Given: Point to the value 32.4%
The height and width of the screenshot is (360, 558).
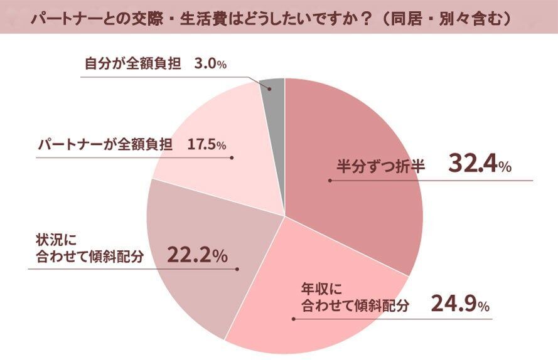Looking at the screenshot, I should point(480,165).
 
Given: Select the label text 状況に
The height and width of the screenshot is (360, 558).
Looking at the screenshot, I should point(51,240).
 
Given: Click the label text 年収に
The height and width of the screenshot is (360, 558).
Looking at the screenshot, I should point(319,290).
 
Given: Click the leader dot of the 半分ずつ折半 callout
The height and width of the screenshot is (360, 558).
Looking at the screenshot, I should point(329,181).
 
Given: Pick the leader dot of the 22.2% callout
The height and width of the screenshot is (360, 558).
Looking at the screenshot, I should point(237,269).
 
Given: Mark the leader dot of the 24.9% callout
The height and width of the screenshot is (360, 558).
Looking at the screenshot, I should point(292,319).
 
